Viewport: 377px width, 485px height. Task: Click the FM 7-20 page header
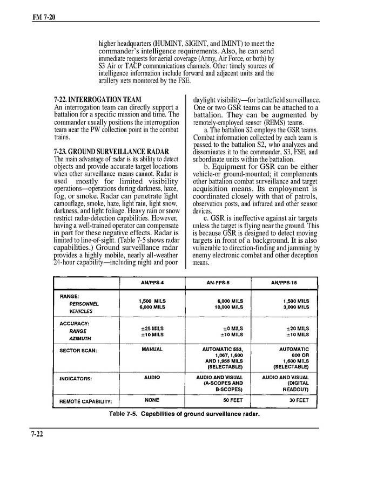click(44, 18)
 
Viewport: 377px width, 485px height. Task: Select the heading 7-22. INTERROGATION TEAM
click(98, 100)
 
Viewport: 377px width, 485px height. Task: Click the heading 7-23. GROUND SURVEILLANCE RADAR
click(112, 151)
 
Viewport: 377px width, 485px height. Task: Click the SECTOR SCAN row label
click(78, 351)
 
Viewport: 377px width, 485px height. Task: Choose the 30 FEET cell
click(298, 400)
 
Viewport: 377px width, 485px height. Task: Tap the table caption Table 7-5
click(184, 414)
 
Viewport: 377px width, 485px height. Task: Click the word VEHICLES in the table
click(81, 311)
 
